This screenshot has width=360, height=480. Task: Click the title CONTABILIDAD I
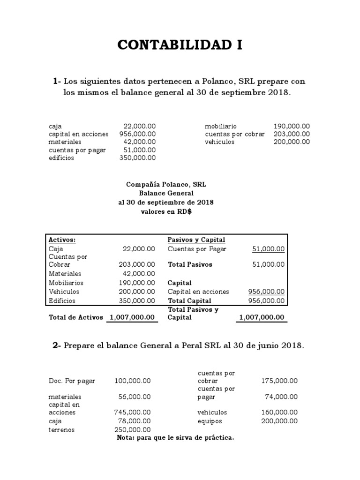pyautogui.click(x=180, y=45)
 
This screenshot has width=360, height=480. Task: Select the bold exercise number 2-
pyautogui.click(x=57, y=346)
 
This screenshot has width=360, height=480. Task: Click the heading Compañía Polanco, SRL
pyautogui.click(x=166, y=185)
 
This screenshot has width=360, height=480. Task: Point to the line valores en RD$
pyautogui.click(x=166, y=211)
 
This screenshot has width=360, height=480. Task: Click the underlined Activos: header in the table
pyautogui.click(x=62, y=240)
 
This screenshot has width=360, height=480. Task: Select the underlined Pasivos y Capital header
pyautogui.click(x=196, y=240)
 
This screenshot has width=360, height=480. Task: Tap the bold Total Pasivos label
pyautogui.click(x=190, y=264)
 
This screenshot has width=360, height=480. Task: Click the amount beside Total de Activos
pyautogui.click(x=132, y=317)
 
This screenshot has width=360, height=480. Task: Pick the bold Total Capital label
pyautogui.click(x=189, y=301)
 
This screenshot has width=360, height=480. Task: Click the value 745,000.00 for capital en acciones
pyautogui.click(x=132, y=412)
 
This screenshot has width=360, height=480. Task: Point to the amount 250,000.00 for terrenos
pyautogui.click(x=132, y=429)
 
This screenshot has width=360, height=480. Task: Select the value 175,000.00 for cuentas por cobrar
pyautogui.click(x=279, y=381)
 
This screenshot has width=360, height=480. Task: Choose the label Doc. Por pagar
pyautogui.click(x=72, y=381)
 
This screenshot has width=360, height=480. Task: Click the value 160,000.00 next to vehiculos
pyautogui.click(x=279, y=412)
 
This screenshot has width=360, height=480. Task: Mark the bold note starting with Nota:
pyautogui.click(x=175, y=438)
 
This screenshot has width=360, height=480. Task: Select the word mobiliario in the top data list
pyautogui.click(x=221, y=127)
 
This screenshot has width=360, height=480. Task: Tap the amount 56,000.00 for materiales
pyautogui.click(x=135, y=397)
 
